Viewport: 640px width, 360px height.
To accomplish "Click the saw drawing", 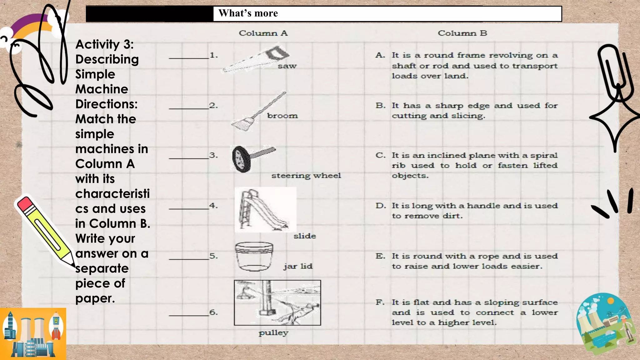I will pyautogui.click(x=255, y=59).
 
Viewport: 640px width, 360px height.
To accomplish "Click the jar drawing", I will pyautogui.click(x=254, y=256).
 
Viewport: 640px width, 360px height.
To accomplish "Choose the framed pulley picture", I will pyautogui.click(x=277, y=302).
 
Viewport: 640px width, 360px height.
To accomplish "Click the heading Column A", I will pyautogui.click(x=263, y=33).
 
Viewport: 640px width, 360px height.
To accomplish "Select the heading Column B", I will pyautogui.click(x=462, y=33).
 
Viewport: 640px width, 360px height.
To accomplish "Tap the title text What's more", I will pyautogui.click(x=248, y=13).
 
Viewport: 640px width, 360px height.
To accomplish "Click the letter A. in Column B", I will pyautogui.click(x=380, y=55).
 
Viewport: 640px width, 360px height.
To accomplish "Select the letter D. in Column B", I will pyautogui.click(x=381, y=206).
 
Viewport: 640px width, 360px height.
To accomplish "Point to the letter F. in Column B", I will pyautogui.click(x=380, y=302).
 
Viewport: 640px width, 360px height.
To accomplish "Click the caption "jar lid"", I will pyautogui.click(x=298, y=266).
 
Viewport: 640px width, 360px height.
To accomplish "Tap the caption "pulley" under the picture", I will pyautogui.click(x=273, y=333).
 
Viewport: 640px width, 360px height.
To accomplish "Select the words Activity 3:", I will pyautogui.click(x=104, y=44).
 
